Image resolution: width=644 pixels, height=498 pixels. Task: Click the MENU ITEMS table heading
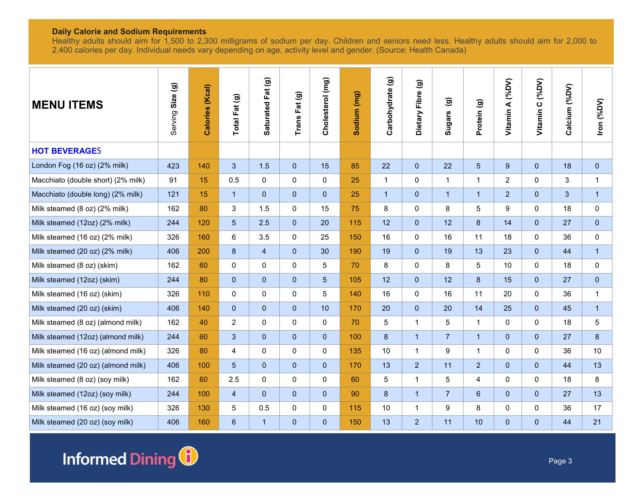click(67, 105)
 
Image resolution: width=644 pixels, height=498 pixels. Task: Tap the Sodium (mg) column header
click(356, 113)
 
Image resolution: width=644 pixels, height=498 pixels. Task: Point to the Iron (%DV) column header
click(600, 116)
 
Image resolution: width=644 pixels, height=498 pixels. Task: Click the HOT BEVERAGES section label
click(66, 151)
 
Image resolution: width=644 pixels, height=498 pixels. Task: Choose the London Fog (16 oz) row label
click(80, 166)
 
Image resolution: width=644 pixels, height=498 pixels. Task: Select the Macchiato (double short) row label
click(88, 180)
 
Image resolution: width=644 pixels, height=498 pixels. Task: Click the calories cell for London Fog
click(204, 166)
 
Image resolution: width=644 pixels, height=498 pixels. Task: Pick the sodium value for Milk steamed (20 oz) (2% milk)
click(355, 251)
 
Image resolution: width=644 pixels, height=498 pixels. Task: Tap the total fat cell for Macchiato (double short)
click(234, 180)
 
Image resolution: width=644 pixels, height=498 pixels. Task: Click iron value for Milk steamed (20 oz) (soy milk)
click(597, 422)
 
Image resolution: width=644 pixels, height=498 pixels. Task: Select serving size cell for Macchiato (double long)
click(173, 194)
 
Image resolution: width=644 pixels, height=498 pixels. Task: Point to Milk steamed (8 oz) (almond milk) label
click(87, 322)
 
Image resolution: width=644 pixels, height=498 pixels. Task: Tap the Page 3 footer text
click(560, 461)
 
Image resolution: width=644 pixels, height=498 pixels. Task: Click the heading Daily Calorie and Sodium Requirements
click(129, 32)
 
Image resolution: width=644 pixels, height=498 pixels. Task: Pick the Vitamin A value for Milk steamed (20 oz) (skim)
click(507, 308)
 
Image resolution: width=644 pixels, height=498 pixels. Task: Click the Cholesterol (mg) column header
click(325, 106)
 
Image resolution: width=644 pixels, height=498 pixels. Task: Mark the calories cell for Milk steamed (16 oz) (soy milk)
click(204, 408)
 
